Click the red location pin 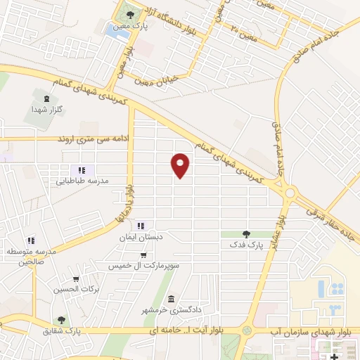181,165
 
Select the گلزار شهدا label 46,110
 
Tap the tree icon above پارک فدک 245,234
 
